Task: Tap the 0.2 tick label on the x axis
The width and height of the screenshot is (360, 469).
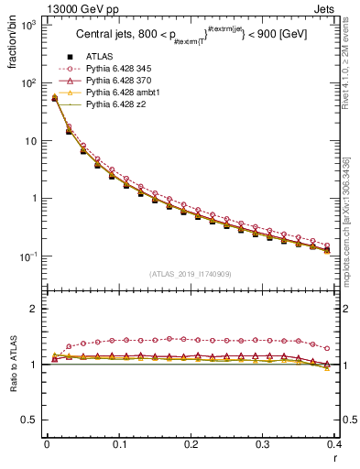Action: [191, 443]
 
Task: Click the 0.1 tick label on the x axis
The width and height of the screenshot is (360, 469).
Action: [119, 443]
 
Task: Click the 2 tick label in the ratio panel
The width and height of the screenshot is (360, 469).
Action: [37, 309]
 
